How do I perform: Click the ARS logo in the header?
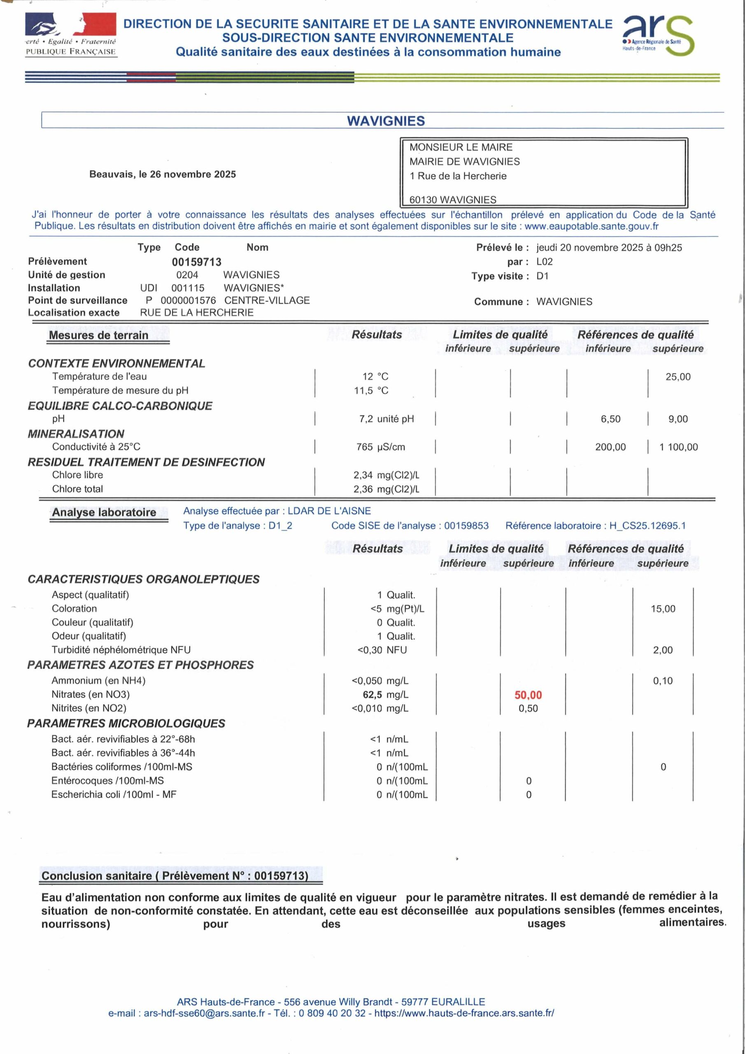657,35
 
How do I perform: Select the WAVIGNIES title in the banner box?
386,121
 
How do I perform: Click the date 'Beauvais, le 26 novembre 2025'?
163,175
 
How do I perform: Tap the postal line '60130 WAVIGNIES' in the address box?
453,200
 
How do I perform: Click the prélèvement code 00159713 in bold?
196,262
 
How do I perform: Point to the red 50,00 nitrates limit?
528,695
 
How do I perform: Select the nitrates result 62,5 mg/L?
385,695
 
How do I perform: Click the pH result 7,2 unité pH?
386,419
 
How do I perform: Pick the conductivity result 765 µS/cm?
381,447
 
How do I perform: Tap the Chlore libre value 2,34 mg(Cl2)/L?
386,475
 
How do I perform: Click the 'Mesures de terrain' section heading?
98,335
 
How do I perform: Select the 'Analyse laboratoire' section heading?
104,512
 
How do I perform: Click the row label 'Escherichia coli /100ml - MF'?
114,794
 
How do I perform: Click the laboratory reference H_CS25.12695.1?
647,526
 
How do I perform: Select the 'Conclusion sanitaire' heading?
175,875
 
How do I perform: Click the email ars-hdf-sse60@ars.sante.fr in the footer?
204,1013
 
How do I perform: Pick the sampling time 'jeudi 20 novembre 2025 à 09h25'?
609,247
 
